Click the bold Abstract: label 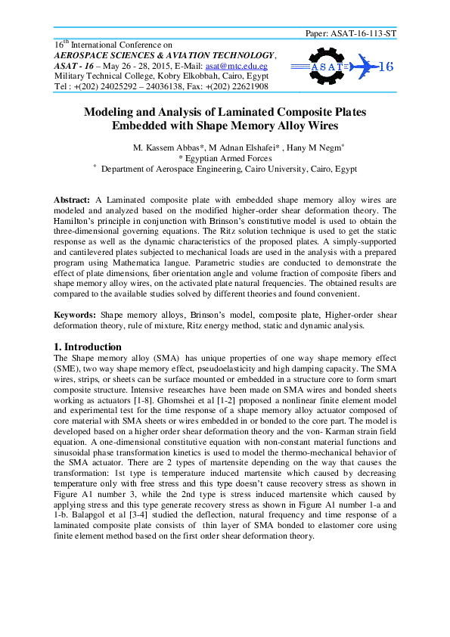coord(73,199)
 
